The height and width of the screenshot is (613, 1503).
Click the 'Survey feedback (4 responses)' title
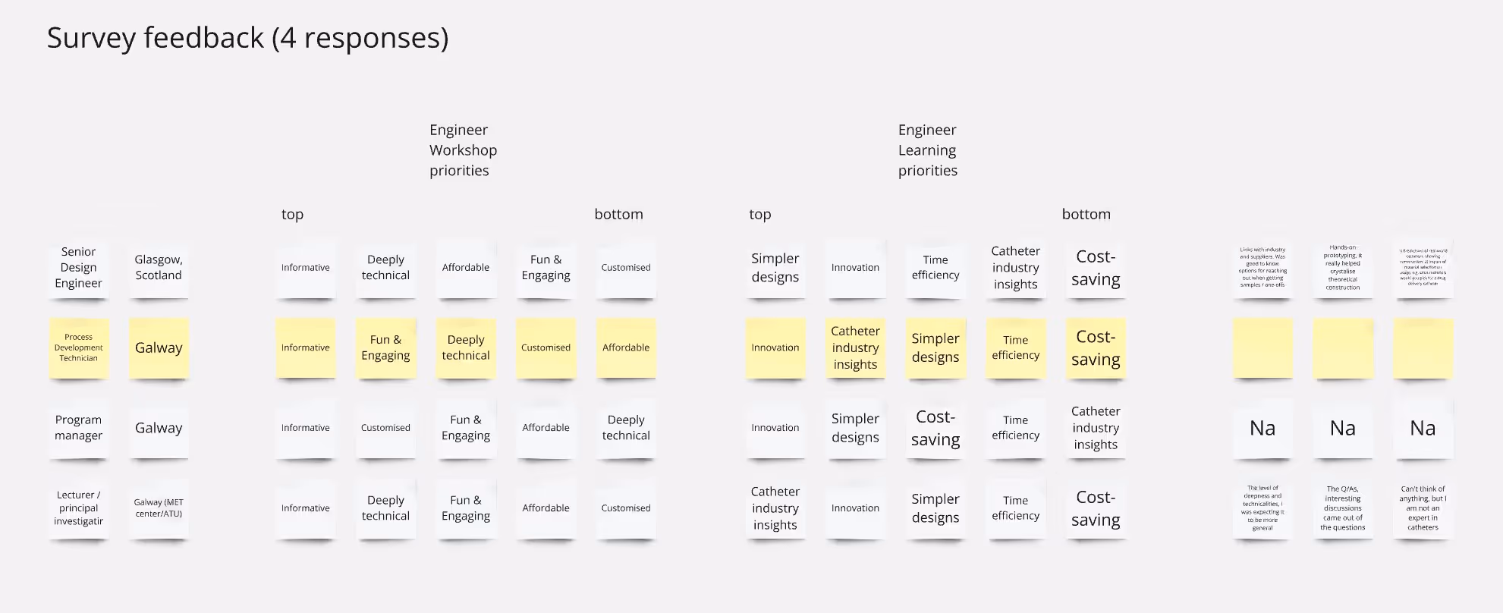pyautogui.click(x=247, y=38)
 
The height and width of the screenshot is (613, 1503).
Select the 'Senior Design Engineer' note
pyautogui.click(x=79, y=268)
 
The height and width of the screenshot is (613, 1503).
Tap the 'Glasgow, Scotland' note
pyautogui.click(x=159, y=268)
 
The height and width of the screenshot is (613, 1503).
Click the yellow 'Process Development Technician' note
pyautogui.click(x=79, y=347)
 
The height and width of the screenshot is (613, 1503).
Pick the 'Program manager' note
pyautogui.click(x=79, y=428)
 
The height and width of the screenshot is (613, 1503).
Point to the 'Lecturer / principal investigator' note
pyautogui.click(x=79, y=508)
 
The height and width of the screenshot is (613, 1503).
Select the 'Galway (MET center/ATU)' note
pyautogui.click(x=159, y=508)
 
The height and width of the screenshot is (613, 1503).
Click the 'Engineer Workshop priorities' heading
pyautogui.click(x=463, y=150)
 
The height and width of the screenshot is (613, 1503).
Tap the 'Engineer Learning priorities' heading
pyautogui.click(x=927, y=150)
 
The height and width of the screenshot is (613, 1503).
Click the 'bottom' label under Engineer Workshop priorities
pyautogui.click(x=618, y=215)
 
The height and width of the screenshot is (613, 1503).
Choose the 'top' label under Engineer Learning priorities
pyautogui.click(x=759, y=215)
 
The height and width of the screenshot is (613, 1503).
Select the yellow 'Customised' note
pyautogui.click(x=546, y=347)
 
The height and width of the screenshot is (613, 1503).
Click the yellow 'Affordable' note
pyautogui.click(x=626, y=347)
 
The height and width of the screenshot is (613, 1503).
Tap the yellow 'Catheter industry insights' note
pyautogui.click(x=855, y=347)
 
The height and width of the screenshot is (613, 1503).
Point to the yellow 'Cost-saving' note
pyautogui.click(x=1096, y=347)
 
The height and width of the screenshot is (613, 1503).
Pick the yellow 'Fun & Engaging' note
pyautogui.click(x=385, y=347)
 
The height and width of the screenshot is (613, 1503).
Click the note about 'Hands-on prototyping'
pyautogui.click(x=1342, y=268)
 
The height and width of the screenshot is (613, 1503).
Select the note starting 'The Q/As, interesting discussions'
pyautogui.click(x=1342, y=508)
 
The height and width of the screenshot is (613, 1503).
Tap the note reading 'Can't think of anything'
pyautogui.click(x=1423, y=508)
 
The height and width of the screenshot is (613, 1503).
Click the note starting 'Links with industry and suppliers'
pyautogui.click(x=1262, y=268)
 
